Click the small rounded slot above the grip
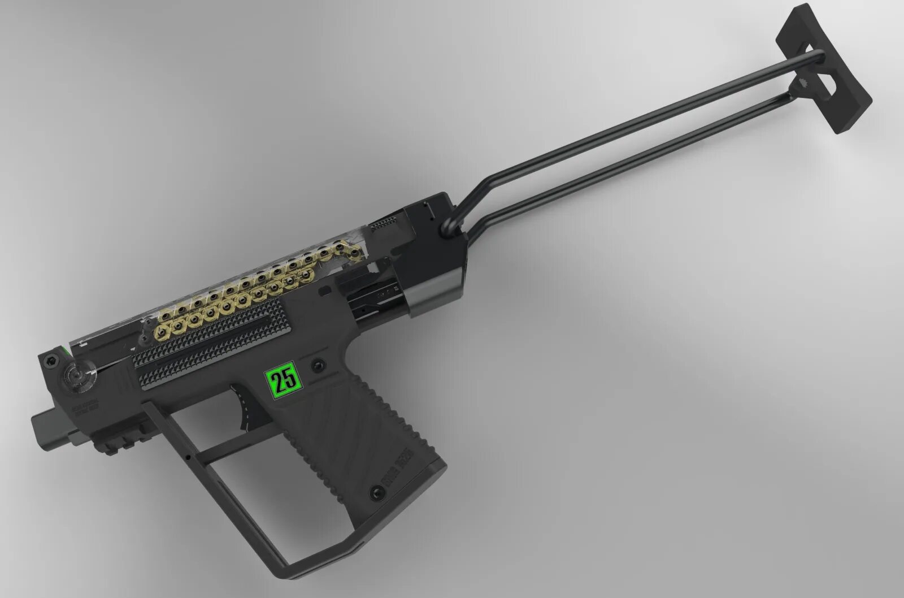(325, 292)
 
